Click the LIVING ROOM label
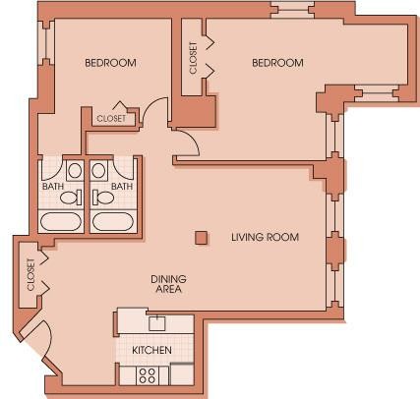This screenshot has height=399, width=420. (x=265, y=237)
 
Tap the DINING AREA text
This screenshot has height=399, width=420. (x=168, y=284)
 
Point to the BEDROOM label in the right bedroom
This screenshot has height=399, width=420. (x=277, y=63)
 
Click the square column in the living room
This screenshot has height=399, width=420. (x=201, y=237)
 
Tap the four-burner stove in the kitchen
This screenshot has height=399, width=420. (x=148, y=374)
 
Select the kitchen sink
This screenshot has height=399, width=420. (x=156, y=322)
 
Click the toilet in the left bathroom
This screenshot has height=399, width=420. (x=70, y=197)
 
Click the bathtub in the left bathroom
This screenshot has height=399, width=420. (x=62, y=219)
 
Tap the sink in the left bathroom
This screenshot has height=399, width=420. (x=75, y=170)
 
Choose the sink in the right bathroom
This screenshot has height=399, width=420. (x=98, y=170)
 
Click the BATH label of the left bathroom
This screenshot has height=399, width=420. (x=52, y=186)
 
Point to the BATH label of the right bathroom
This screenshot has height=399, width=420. (x=121, y=186)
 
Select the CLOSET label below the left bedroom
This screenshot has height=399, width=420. (x=111, y=118)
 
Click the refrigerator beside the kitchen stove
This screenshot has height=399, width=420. (x=182, y=373)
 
